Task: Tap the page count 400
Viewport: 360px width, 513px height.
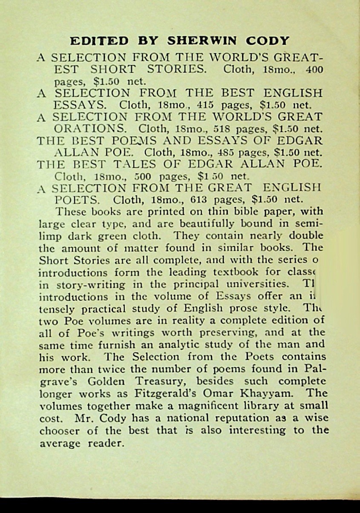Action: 315,69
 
